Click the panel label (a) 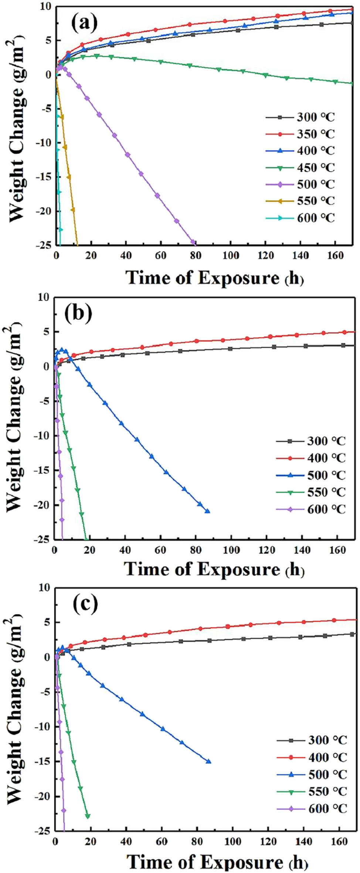point(84,23)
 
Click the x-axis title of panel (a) point(215,278)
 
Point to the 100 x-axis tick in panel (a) point(230,256)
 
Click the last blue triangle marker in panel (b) point(207,511)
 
